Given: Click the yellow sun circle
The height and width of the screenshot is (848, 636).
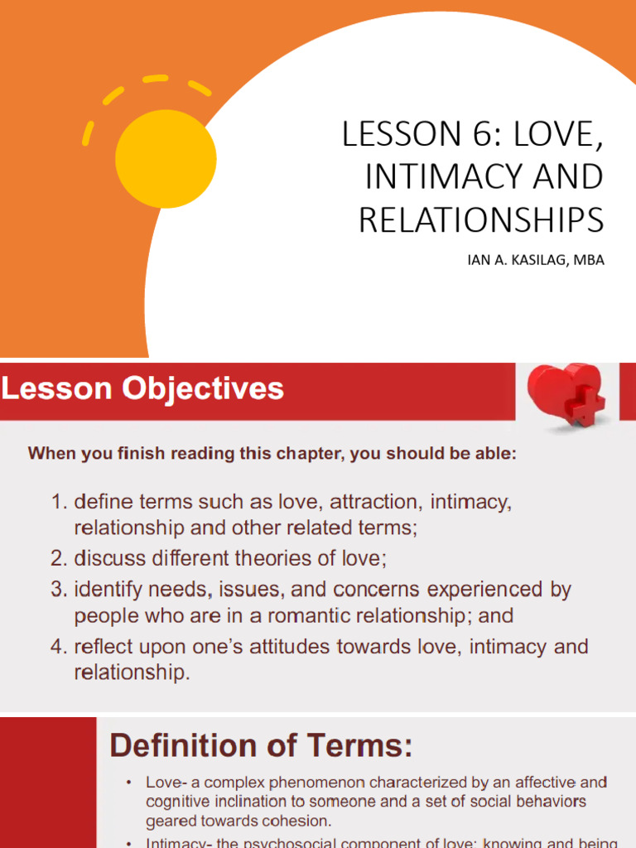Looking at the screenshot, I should click(166, 159).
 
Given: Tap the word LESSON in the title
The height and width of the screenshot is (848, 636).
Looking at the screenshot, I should click(389, 135).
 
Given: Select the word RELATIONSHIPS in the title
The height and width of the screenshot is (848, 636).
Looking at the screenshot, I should click(481, 219).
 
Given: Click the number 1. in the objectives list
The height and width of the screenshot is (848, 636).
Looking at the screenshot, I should click(59, 502).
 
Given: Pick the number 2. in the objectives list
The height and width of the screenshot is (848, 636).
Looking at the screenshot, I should click(59, 559).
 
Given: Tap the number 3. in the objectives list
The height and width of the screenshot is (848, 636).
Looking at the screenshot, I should click(59, 590).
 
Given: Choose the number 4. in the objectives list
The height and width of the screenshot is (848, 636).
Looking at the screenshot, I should click(59, 646).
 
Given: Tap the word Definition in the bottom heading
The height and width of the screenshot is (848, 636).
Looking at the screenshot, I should click(184, 746).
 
